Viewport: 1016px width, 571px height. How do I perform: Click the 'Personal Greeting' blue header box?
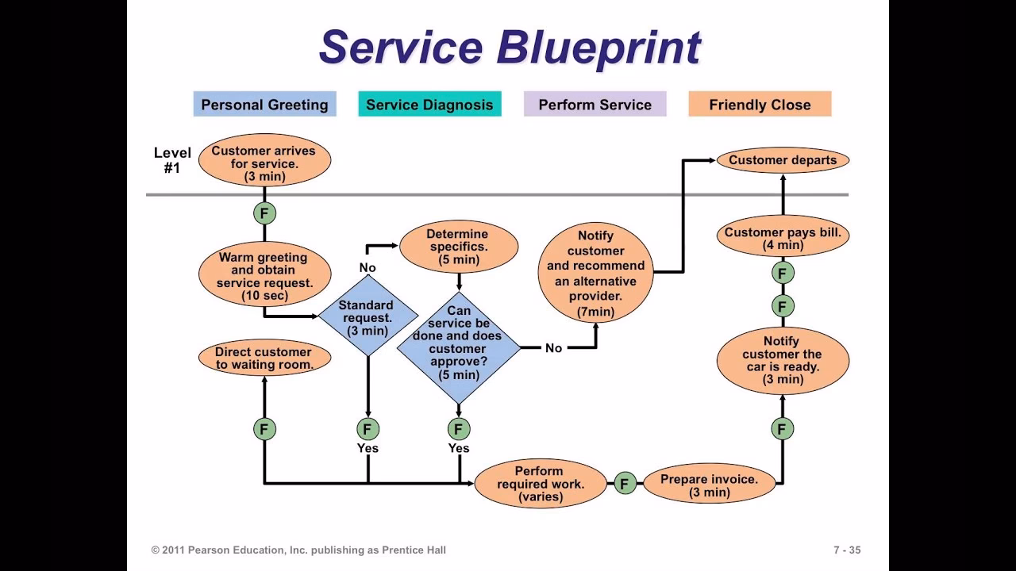[264, 105]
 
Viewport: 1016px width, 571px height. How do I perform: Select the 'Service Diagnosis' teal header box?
[429, 105]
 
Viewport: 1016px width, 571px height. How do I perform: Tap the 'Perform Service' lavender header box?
[595, 105]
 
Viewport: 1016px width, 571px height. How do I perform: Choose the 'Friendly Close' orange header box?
[760, 105]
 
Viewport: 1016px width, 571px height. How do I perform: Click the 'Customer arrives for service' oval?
[264, 162]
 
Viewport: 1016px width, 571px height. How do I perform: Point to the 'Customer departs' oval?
[783, 160]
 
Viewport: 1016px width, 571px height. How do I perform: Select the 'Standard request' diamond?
[368, 316]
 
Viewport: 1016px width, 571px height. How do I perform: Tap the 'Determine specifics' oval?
[459, 247]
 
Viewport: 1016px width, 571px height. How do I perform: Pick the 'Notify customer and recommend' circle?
[595, 274]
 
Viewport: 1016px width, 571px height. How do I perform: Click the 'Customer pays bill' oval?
[783, 238]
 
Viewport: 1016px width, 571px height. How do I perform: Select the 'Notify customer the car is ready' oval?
[783, 361]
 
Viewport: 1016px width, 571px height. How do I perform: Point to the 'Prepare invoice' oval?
[709, 485]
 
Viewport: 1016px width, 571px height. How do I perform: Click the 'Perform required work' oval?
[541, 484]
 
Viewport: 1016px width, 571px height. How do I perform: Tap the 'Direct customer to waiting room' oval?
[264, 358]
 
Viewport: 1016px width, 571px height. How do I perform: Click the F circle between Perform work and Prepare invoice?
[625, 483]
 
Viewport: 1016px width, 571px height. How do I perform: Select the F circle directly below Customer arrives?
[264, 213]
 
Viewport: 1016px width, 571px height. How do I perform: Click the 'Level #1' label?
[172, 160]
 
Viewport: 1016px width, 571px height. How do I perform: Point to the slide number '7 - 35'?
[847, 550]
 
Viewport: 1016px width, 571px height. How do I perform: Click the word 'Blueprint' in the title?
[598, 48]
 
